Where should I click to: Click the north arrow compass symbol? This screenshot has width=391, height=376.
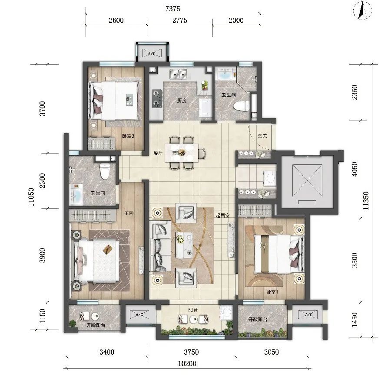pos(362,10)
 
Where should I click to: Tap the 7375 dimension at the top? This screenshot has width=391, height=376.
pos(172,9)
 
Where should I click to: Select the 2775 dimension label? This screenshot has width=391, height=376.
pos(179,20)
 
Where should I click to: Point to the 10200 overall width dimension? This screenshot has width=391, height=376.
pos(187,363)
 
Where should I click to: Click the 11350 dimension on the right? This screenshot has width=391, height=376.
pos(366,201)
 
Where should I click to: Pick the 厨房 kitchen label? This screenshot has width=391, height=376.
pos(182,101)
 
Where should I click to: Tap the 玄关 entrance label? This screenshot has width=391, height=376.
pos(262,136)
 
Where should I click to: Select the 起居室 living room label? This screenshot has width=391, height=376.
pos(222,216)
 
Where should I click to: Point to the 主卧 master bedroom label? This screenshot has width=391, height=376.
pos(129,213)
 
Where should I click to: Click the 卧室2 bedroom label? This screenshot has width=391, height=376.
pos(128,136)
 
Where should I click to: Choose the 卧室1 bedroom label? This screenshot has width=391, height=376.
pos(272,292)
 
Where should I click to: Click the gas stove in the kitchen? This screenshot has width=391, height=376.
pos(157,98)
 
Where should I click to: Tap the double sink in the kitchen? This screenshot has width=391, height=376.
pos(178,74)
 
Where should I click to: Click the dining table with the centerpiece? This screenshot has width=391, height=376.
pos(182,153)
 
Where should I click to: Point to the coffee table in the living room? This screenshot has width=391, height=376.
pos(184,245)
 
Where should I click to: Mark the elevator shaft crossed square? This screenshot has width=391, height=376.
pos(307,182)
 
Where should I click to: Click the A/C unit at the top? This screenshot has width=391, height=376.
pos(152,53)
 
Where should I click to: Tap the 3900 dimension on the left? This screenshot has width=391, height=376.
pos(43,255)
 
